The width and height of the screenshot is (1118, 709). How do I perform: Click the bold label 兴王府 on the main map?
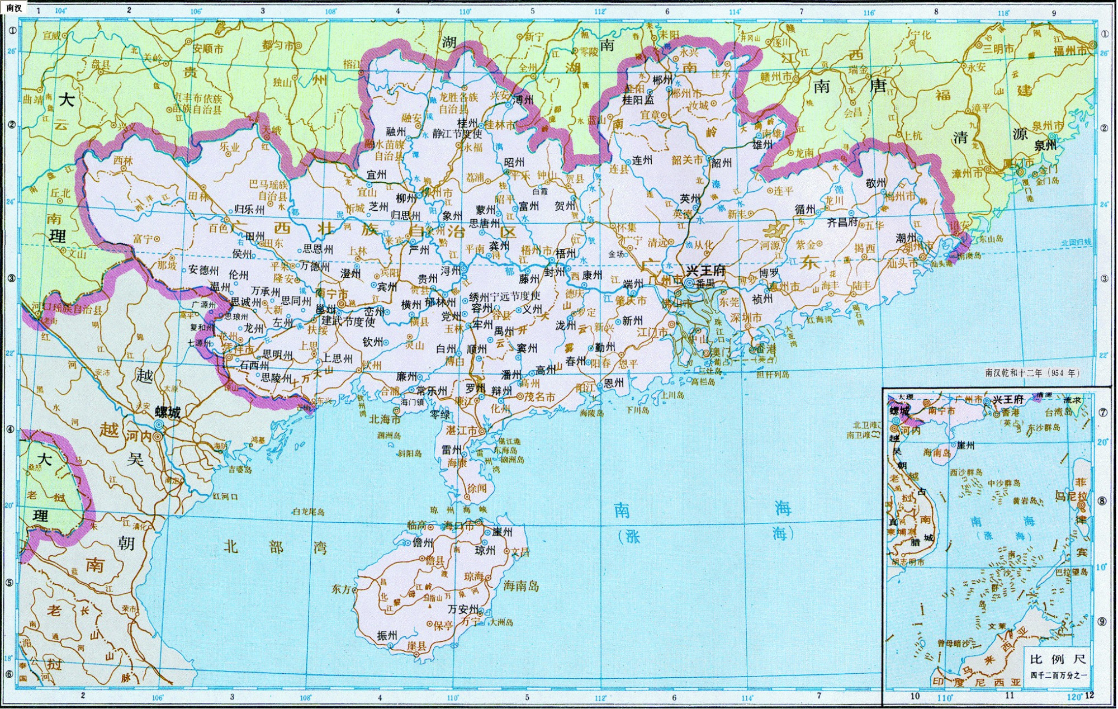pos(705,271)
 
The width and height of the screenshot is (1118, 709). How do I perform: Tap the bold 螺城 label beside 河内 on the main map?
pos(168,413)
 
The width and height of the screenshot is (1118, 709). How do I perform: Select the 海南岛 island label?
pos(521,586)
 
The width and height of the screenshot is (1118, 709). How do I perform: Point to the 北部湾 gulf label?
pos(276,547)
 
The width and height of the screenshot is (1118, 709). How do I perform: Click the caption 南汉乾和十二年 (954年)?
pos(1032,372)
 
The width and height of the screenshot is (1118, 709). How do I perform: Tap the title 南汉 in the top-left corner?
pos(14,7)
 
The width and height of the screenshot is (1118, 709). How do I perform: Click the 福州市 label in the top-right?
pos(1070,51)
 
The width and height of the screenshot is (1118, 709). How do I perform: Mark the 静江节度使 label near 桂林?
pos(457,134)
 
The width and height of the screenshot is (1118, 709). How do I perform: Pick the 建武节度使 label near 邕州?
pos(348,322)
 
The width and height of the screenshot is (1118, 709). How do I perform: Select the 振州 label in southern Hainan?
pos(387,635)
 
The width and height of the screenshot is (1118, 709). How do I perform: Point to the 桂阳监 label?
pos(638,100)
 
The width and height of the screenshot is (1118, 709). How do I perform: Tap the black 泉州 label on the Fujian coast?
pos(1045,145)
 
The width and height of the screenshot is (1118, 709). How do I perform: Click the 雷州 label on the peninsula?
pos(451,450)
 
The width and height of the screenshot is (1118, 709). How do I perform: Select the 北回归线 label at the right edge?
pos(1076,243)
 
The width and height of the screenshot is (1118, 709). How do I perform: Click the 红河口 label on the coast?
pos(225,497)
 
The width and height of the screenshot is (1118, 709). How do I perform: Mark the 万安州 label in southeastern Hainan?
pos(463,609)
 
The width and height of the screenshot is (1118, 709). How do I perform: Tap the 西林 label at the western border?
pos(123,160)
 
